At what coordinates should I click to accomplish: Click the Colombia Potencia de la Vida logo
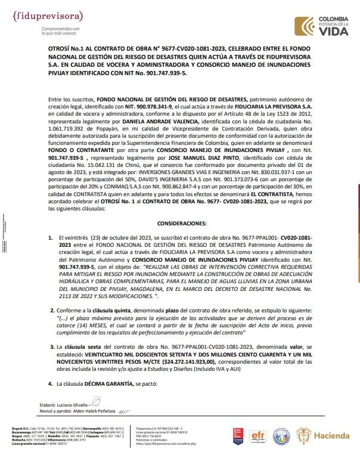(326, 26)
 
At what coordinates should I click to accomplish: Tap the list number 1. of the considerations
(50, 237)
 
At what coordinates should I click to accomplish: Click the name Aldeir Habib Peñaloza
(95, 410)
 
